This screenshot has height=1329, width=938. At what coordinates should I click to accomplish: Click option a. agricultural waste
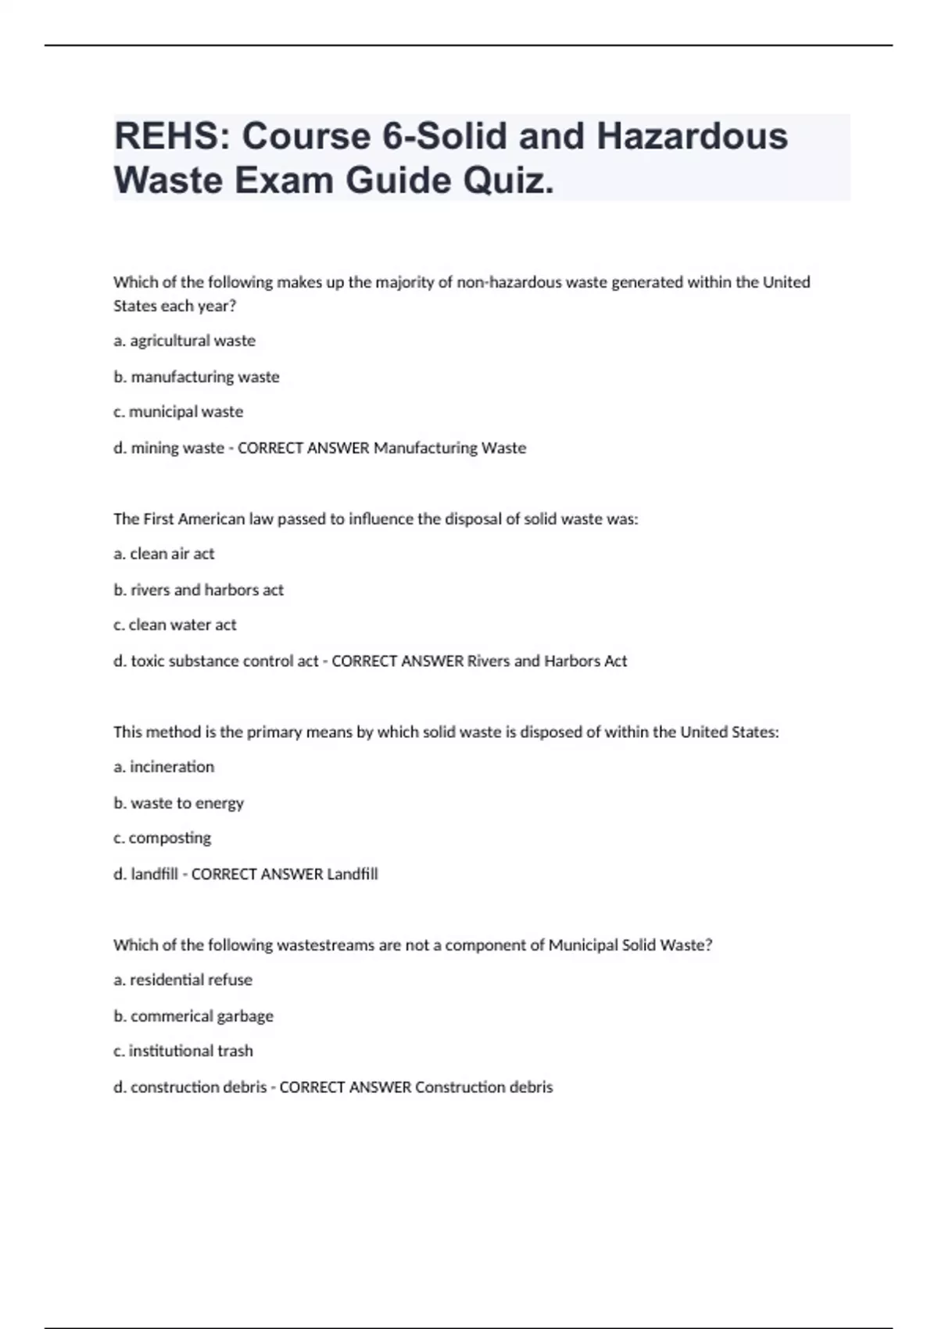184,341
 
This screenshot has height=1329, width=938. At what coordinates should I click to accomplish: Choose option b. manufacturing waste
196,377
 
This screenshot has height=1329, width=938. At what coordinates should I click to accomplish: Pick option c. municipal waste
178,412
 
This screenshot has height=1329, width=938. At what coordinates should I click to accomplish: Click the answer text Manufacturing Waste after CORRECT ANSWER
449,448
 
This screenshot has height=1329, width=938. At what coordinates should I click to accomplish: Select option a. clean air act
163,554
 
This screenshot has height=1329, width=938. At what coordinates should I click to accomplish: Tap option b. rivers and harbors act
199,590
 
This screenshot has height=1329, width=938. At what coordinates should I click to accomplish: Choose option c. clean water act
174,625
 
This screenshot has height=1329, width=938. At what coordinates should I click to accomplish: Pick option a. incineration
163,767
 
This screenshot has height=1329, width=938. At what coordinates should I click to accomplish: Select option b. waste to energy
178,803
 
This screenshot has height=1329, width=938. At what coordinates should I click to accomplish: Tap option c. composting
162,838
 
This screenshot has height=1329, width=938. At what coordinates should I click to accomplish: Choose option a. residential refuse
183,980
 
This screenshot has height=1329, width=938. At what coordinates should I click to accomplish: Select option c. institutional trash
183,1051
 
